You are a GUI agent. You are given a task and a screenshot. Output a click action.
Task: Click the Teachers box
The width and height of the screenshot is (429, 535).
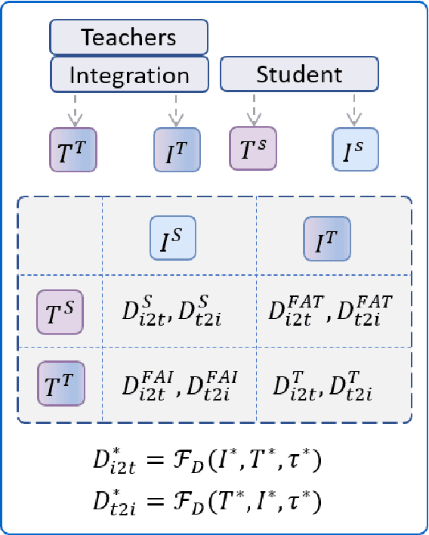[128, 36]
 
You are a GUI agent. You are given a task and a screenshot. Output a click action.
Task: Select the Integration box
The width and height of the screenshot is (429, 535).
[128, 75]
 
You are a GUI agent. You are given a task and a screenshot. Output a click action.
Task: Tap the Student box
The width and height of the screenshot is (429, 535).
[298, 75]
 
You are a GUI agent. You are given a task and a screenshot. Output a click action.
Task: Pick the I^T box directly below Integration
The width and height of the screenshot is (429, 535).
[176, 148]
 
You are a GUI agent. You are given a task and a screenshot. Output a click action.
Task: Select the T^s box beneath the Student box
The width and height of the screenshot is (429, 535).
[253, 148]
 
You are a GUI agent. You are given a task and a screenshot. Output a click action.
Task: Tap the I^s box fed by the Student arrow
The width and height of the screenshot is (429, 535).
[355, 148]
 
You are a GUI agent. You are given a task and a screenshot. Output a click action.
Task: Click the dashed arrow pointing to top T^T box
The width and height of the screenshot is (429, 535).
[73, 110]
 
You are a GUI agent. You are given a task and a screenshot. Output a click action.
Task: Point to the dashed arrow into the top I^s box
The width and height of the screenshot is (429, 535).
[353, 110]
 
